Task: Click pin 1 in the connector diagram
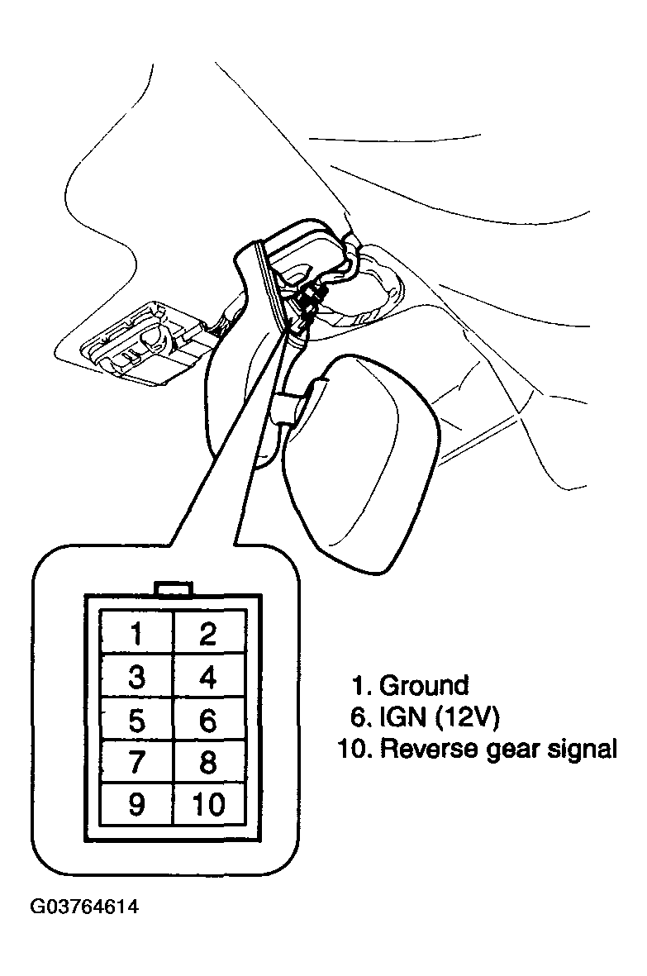(x=136, y=631)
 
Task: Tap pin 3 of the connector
(x=136, y=675)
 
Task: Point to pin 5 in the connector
(x=136, y=719)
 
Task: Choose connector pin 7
(x=136, y=761)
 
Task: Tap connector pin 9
(x=136, y=803)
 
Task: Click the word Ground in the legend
(x=424, y=685)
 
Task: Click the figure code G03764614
(x=84, y=907)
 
